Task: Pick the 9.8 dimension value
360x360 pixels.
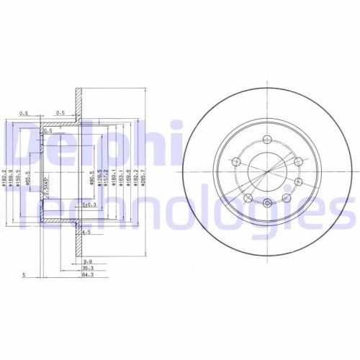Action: coord(87,261)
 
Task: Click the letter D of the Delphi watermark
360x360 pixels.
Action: coord(18,144)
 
